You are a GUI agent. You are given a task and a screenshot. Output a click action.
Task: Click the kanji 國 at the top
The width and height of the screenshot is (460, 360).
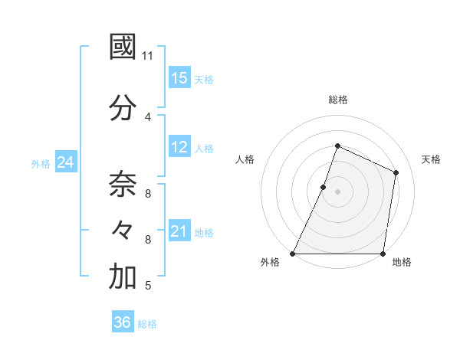[x=123, y=47]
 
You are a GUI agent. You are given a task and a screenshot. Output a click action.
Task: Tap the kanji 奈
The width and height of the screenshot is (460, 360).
[x=123, y=184]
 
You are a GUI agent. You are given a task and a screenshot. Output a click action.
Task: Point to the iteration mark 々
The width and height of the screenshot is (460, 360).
[x=123, y=230]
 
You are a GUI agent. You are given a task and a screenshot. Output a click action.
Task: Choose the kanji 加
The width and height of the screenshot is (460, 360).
[x=123, y=277]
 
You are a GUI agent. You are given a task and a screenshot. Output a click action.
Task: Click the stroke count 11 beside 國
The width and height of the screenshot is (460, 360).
[x=148, y=56]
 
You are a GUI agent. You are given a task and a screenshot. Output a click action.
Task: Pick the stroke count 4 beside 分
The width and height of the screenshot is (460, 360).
[x=147, y=116]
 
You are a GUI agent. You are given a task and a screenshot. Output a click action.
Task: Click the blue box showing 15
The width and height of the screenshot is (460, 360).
[x=179, y=78]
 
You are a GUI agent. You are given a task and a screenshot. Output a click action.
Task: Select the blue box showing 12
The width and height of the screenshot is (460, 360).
[x=179, y=148]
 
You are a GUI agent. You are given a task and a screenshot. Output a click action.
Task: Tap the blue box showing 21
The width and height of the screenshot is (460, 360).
[x=179, y=232]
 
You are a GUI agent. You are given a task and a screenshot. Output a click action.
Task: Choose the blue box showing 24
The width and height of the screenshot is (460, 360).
[x=65, y=162]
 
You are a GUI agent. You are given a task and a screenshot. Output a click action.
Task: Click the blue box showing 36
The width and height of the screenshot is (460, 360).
[x=122, y=323]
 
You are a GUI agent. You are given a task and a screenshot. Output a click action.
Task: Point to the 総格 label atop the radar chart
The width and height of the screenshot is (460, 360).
[x=337, y=100]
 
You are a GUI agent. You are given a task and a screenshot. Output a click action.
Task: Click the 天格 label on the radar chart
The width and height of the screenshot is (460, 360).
[x=431, y=159]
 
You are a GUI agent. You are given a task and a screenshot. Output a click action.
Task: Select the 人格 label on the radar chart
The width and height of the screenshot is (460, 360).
[x=245, y=159]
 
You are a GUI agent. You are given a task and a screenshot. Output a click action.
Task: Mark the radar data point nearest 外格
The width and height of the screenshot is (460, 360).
[x=293, y=254]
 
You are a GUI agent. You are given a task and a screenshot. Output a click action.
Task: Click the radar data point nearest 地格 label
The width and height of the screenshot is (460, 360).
[x=383, y=254]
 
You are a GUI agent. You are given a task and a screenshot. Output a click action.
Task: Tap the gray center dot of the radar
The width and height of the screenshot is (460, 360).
[x=337, y=192]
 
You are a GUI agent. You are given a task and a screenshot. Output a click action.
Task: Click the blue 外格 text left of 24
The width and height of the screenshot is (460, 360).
[x=41, y=163]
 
